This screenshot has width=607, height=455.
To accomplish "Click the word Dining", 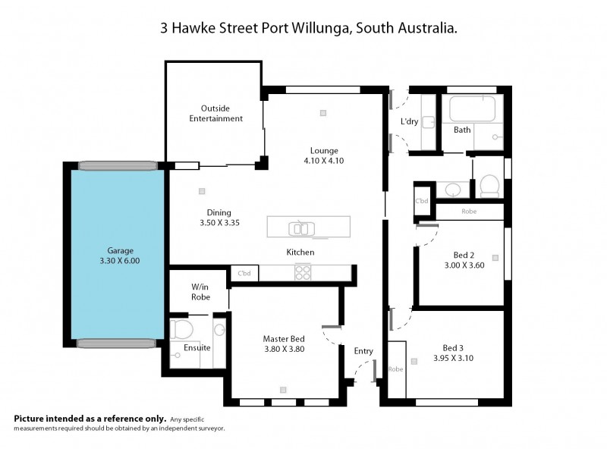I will click(219, 212).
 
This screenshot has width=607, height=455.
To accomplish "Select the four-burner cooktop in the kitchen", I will click(302, 271).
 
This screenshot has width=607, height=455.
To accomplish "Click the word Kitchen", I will click(300, 252).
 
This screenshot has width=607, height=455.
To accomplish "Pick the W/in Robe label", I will click(200, 292).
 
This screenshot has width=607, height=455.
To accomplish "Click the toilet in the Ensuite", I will click(180, 330).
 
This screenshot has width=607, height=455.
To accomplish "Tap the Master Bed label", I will click(284, 338).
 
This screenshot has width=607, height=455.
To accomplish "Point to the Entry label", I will click(363, 350).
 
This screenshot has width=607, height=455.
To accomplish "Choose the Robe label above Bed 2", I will click(469, 212).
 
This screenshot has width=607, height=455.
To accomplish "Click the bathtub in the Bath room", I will click(471, 109).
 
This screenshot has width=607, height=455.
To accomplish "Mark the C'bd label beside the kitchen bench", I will click(244, 273).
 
